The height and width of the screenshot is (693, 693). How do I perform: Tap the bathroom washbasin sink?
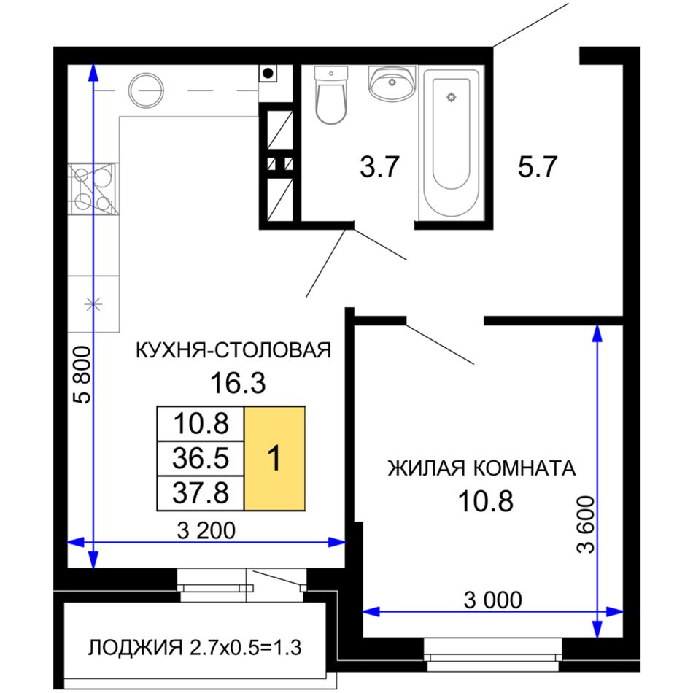[x=392, y=82]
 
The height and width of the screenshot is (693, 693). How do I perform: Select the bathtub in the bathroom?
[x=451, y=143]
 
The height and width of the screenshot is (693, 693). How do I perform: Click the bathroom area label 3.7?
[x=379, y=167]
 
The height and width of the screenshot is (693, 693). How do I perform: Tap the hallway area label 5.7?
[x=538, y=167]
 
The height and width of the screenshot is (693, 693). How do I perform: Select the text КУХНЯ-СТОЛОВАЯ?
[x=233, y=350]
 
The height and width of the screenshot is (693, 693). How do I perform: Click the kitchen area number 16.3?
[x=238, y=383]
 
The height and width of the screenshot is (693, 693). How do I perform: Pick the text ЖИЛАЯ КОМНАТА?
[x=481, y=468]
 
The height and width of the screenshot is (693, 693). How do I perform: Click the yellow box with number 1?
[x=274, y=458]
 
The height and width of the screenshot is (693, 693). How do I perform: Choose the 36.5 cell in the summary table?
[x=201, y=458]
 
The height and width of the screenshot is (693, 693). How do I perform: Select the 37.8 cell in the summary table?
[x=201, y=493]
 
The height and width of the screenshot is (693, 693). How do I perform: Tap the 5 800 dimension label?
[x=82, y=375]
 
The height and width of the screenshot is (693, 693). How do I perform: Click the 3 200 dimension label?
[x=206, y=531]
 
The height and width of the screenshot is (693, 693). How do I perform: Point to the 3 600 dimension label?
[x=586, y=524]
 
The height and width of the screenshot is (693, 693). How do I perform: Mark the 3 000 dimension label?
[x=493, y=600]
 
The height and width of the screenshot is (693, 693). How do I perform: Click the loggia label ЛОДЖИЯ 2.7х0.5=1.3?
[x=195, y=648]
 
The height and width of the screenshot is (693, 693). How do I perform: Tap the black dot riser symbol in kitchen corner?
[x=268, y=74]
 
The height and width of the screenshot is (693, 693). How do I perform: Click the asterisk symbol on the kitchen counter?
[x=93, y=303]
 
